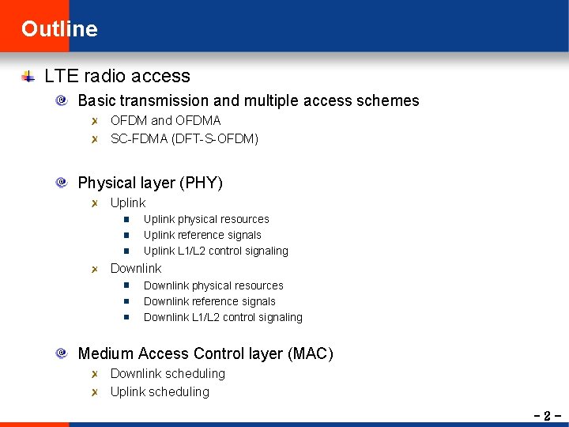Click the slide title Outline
[x=59, y=29]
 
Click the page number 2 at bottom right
[x=546, y=415]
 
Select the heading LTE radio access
[x=117, y=77]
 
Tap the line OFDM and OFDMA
[x=165, y=121]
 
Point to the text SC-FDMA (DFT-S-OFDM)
[x=184, y=139]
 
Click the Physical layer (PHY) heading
[x=150, y=183]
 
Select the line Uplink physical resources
[x=206, y=219]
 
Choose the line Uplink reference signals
[x=202, y=235]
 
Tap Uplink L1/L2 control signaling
[x=216, y=251]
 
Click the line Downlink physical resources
[x=213, y=285]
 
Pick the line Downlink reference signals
[x=209, y=301]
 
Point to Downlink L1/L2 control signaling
[x=223, y=317]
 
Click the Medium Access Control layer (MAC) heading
[x=205, y=354]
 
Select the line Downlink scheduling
[x=168, y=373]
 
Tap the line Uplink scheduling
[x=160, y=391]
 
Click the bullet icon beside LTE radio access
[x=28, y=77]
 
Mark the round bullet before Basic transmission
[x=62, y=101]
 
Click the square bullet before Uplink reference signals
[x=126, y=235]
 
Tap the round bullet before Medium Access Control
[x=62, y=354]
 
